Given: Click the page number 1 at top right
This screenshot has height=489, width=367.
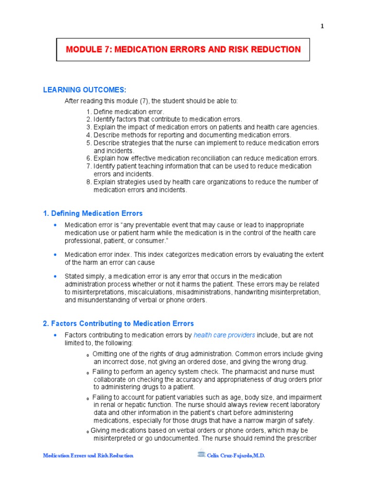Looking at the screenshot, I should coord(323,26).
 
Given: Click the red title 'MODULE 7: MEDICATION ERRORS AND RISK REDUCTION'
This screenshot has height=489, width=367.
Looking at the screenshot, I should coord(183,50).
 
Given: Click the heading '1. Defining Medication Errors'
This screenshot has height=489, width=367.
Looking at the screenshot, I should coord(93,213).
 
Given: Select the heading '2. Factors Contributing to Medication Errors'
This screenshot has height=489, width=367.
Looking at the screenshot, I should coord(118,324).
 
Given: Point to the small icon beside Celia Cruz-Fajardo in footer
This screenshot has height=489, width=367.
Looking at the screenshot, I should coord(202,455).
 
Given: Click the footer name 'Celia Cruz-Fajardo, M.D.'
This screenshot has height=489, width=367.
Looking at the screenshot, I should coord(236,456).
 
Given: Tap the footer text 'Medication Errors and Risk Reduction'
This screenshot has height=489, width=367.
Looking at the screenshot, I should coord(88,456).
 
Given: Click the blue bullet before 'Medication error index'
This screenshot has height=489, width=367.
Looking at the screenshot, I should coord(55,255).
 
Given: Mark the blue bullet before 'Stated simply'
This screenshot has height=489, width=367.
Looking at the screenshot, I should coord(55,276).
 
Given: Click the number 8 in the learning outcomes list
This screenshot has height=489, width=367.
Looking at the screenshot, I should coord(89,182).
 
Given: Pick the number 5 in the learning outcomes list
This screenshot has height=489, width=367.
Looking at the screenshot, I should coord(89,143).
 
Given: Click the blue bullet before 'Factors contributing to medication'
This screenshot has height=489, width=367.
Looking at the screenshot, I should coord(55,335).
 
